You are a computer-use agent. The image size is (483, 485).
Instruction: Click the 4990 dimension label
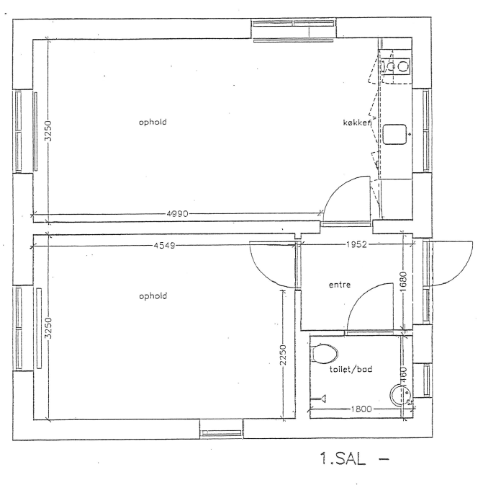[x=177, y=214]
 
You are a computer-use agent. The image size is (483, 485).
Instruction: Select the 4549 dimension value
[x=164, y=246]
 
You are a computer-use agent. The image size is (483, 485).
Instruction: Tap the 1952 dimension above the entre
[x=356, y=245]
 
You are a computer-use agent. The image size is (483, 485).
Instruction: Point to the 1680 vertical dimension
[x=403, y=282]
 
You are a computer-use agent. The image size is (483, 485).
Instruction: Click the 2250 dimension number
[x=284, y=355]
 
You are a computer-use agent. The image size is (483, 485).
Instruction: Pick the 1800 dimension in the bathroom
[x=361, y=409]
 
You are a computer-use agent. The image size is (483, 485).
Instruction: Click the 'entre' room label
[x=340, y=285]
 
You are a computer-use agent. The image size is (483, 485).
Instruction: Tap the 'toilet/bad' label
[x=351, y=369]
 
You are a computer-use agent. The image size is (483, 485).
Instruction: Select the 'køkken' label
[x=357, y=123]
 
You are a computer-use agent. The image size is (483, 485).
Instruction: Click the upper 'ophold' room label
[x=153, y=123]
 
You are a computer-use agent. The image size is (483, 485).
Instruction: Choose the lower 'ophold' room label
[x=153, y=296]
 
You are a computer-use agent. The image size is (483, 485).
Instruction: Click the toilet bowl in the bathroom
[x=324, y=353]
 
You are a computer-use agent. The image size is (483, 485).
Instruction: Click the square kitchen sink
[x=394, y=134]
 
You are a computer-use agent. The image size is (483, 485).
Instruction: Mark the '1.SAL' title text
[x=343, y=459]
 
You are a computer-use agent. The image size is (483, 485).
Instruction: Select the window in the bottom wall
[x=221, y=429]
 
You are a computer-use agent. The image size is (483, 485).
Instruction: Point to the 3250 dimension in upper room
[x=48, y=131]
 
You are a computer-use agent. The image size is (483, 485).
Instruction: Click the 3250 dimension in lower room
[x=48, y=328]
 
